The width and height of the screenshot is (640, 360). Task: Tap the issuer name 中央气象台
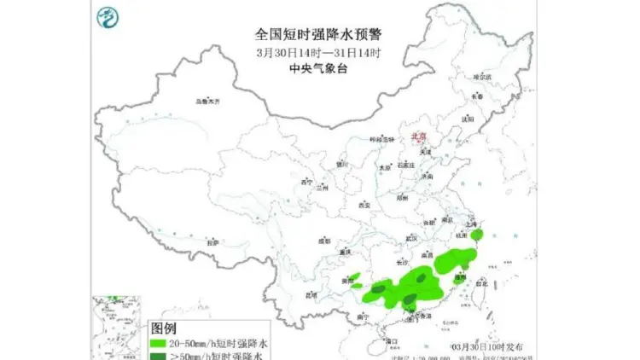[x=317, y=68]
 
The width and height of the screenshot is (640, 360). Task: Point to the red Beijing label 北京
[x=418, y=136]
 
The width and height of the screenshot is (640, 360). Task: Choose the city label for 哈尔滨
[x=483, y=77]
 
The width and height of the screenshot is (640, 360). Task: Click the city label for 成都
[x=323, y=241]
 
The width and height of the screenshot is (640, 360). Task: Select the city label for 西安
[x=364, y=206]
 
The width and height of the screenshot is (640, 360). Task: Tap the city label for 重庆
[x=344, y=253]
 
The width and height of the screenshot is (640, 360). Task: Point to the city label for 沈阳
[x=466, y=119]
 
